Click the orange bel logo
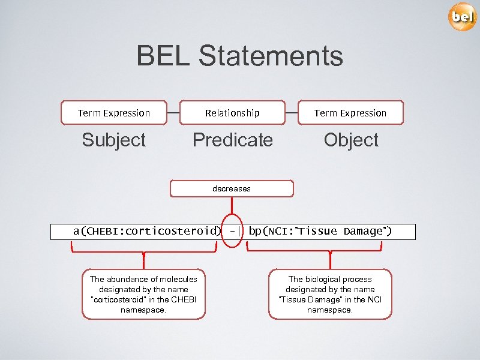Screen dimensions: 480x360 [462, 17]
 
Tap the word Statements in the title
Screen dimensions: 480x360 [271, 56]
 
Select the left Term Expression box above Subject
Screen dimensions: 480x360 [114, 113]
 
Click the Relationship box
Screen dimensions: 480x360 [232, 113]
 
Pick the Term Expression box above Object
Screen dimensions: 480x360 [350, 113]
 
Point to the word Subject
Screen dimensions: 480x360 [114, 140]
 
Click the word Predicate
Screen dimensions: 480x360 [232, 140]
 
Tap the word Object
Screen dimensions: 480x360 [351, 140]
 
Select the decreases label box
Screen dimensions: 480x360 [232, 188]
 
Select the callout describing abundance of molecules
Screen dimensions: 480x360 [143, 295]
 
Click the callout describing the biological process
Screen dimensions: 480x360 [330, 295]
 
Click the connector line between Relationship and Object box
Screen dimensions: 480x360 [291, 113]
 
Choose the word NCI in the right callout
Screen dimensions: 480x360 [374, 299]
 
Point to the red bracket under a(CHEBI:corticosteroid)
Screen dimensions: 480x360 [143, 251]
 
